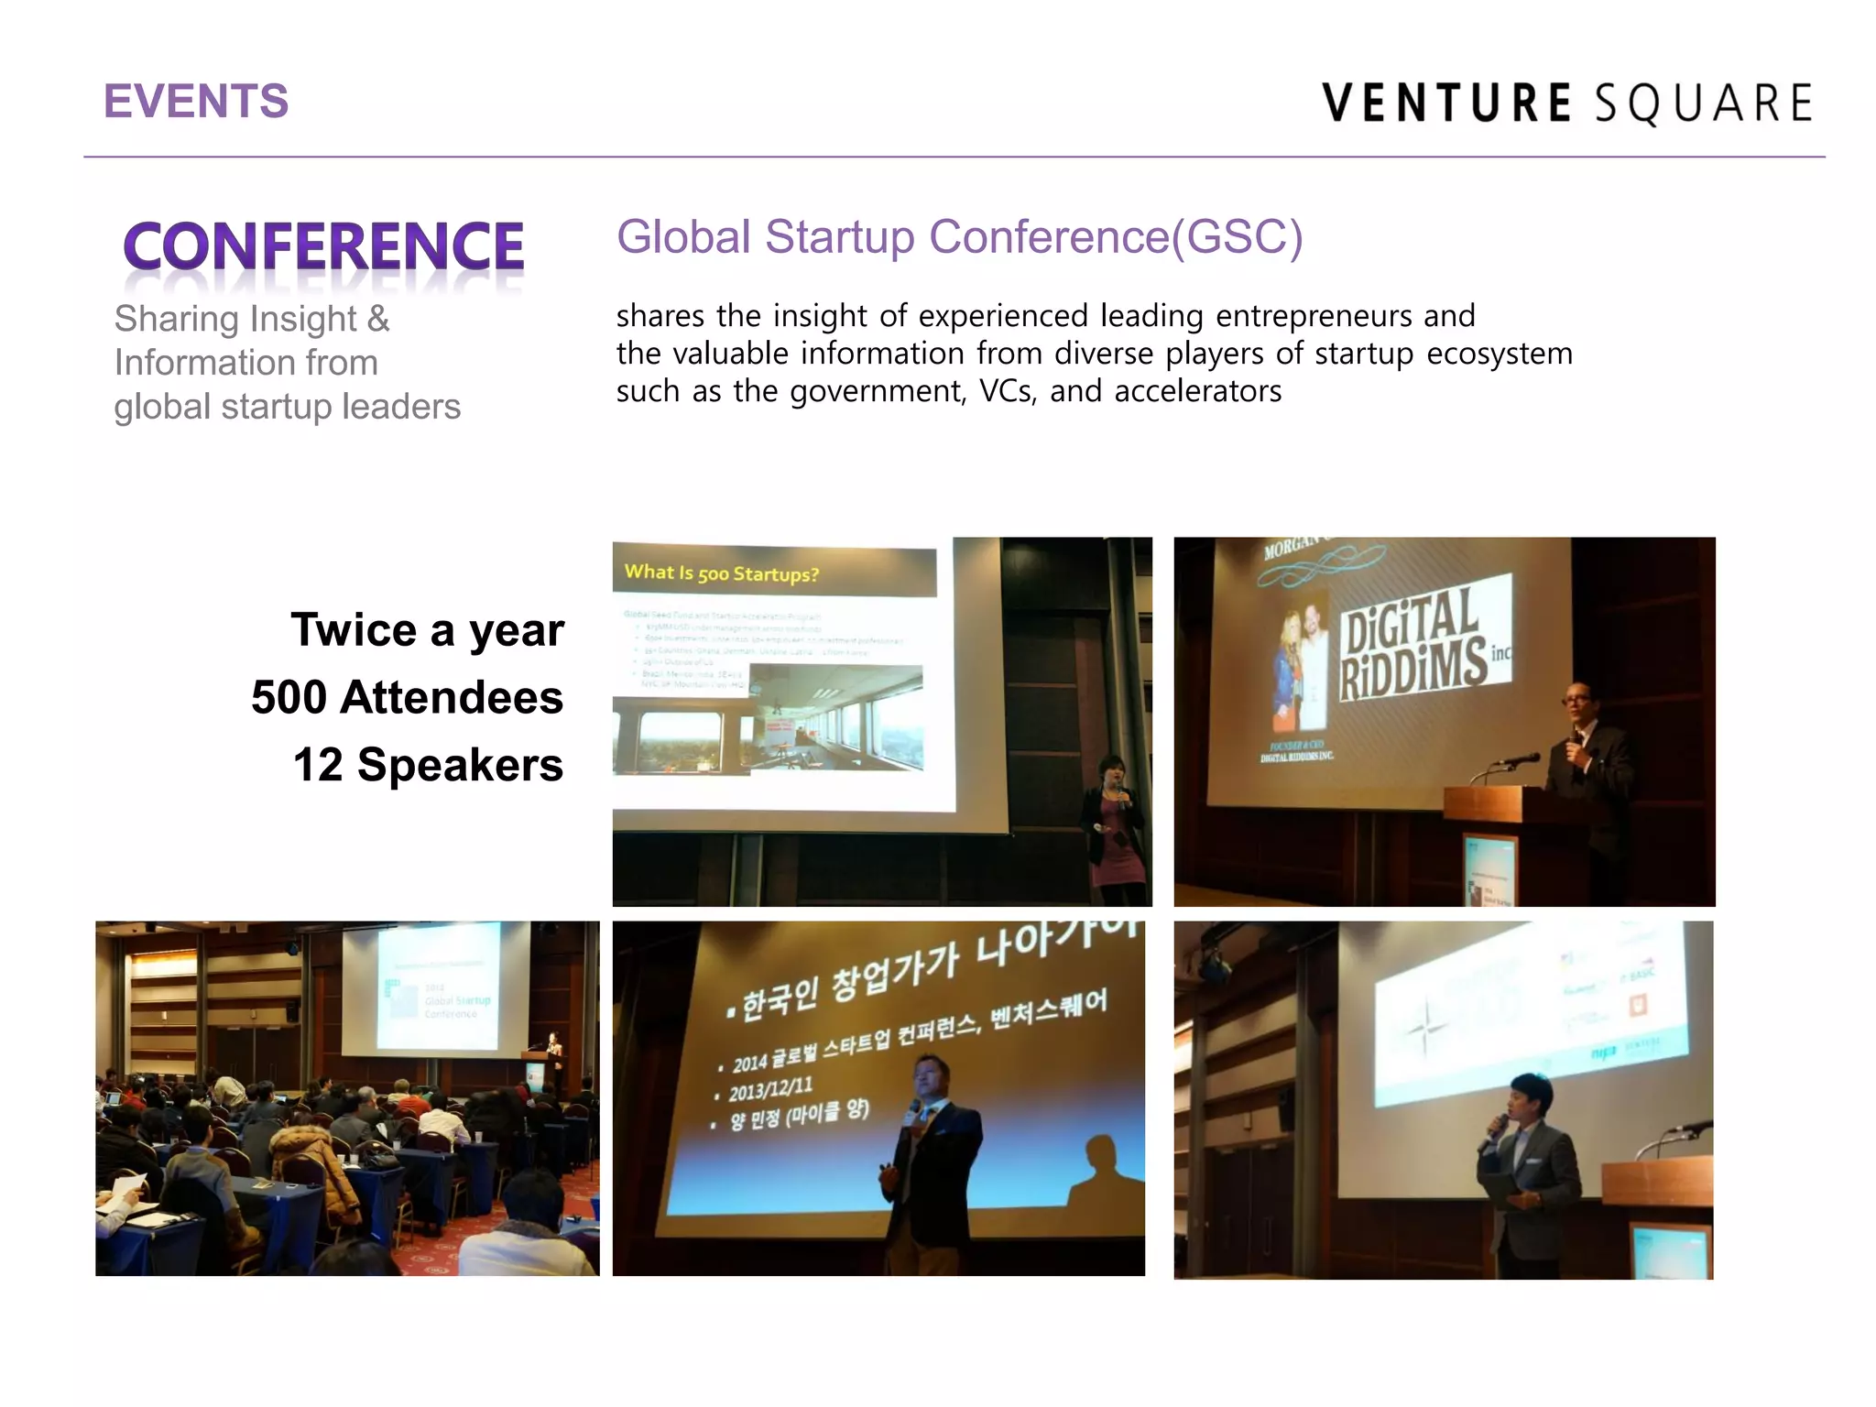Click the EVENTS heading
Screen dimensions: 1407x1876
[196, 101]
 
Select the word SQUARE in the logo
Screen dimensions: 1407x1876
[1704, 103]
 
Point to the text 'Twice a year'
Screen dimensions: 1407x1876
[427, 630]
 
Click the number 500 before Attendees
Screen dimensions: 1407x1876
[289, 697]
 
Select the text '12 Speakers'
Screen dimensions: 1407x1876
[428, 765]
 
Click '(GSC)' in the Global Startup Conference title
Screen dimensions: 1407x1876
[1238, 237]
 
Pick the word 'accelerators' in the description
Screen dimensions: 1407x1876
[1197, 391]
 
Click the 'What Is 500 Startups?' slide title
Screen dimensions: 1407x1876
[721, 573]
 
